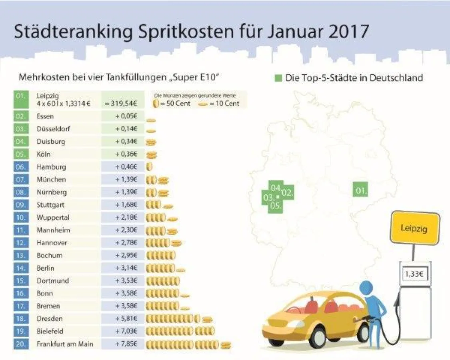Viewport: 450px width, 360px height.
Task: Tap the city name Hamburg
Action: (51, 167)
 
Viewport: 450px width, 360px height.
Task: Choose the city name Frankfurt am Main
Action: (64, 344)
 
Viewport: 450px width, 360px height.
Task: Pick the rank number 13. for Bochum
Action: (21, 255)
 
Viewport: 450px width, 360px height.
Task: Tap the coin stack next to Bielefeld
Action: (180, 331)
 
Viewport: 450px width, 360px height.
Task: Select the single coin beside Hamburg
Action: (150, 167)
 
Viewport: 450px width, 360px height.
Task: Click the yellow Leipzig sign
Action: (414, 228)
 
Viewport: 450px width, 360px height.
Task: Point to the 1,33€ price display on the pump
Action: (414, 274)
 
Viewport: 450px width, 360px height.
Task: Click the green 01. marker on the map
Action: (361, 190)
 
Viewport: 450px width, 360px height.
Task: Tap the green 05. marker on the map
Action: (275, 206)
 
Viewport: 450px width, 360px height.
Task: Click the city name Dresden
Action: (50, 319)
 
